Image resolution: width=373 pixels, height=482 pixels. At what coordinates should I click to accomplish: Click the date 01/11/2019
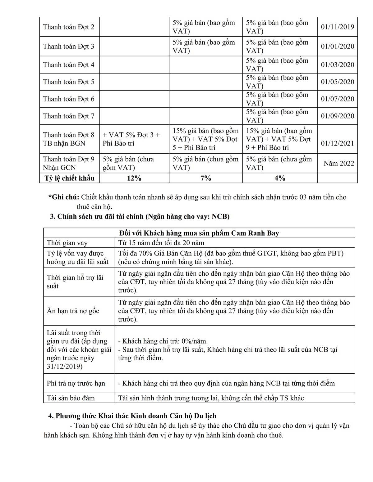(x=337, y=27)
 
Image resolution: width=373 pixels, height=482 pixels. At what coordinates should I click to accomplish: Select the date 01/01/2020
(x=337, y=46)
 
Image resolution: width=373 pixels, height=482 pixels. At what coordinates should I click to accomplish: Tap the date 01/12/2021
(x=337, y=143)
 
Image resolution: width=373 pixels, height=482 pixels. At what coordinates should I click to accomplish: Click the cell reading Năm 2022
(x=338, y=163)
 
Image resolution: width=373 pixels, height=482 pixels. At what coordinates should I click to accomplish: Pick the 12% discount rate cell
(x=134, y=178)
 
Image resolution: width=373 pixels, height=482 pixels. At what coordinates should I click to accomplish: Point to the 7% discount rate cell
(x=205, y=178)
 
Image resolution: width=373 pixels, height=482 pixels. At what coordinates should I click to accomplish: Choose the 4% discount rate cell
(x=280, y=178)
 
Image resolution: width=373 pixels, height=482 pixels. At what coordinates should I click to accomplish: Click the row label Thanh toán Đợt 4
(x=69, y=65)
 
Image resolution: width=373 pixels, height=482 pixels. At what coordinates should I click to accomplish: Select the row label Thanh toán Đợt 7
(x=69, y=116)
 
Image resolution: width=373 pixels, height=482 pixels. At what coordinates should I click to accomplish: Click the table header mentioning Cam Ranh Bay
(x=199, y=233)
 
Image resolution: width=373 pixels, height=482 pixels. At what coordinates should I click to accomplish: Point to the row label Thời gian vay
(x=67, y=243)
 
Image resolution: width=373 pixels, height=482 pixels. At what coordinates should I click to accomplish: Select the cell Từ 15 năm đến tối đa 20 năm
(x=161, y=243)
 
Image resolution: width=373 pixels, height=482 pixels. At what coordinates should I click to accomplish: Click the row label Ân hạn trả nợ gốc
(x=73, y=311)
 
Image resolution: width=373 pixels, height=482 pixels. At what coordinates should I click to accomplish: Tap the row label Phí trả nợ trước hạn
(x=76, y=383)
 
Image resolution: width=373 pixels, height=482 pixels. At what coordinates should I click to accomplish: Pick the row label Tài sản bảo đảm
(x=71, y=398)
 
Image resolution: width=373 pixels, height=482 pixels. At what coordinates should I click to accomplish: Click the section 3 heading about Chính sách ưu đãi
(x=140, y=216)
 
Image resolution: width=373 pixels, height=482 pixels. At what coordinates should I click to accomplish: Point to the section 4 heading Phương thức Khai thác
(x=132, y=416)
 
